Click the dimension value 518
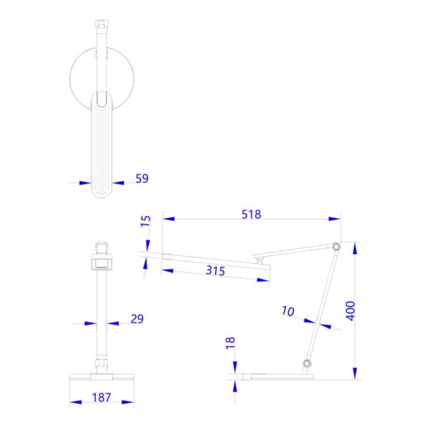tap(251, 214)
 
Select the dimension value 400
tap(350, 310)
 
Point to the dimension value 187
tap(102, 398)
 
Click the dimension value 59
tap(142, 179)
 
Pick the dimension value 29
tap(137, 319)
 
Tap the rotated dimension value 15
tap(146, 230)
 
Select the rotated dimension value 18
tap(230, 345)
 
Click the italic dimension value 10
tap(287, 311)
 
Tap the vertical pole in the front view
tap(102, 315)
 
